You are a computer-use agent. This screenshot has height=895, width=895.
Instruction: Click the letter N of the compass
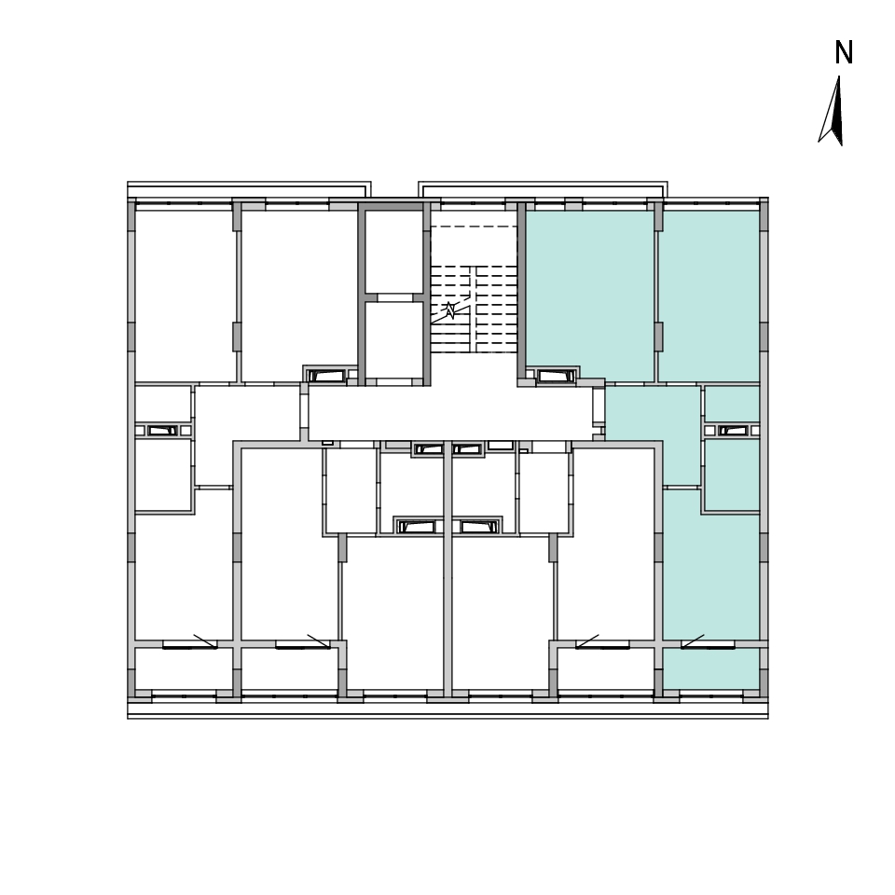click(844, 52)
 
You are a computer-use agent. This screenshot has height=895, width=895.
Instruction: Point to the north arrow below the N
click(833, 111)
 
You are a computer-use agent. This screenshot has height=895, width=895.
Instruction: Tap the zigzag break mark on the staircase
click(450, 310)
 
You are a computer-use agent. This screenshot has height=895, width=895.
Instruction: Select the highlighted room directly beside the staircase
click(589, 294)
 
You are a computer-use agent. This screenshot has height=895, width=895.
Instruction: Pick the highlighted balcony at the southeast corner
click(711, 669)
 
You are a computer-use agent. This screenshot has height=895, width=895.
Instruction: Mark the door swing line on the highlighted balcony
click(693, 641)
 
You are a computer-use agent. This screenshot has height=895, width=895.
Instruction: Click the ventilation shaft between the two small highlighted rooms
click(733, 431)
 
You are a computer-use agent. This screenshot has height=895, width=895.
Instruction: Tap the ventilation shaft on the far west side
click(162, 431)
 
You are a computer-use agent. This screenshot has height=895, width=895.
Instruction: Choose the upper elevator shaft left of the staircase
click(393, 252)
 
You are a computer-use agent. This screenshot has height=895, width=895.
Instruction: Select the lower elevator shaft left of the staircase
click(393, 340)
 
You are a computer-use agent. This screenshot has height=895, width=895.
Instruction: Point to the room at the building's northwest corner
click(186, 296)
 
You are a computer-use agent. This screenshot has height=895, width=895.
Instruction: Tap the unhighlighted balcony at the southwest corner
click(184, 669)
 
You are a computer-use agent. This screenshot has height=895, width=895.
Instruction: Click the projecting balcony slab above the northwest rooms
click(249, 189)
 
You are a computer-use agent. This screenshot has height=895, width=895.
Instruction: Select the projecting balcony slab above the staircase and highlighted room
click(543, 189)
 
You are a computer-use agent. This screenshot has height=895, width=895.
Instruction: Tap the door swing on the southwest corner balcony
click(205, 641)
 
